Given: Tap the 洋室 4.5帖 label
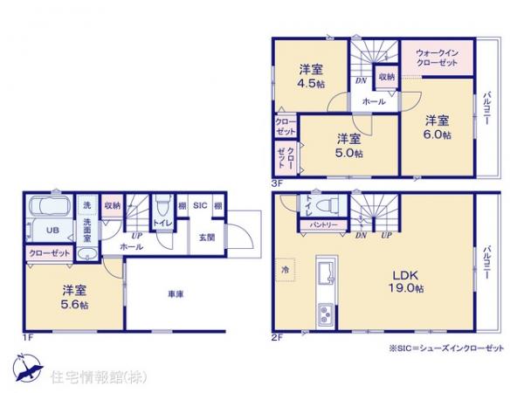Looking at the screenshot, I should point(309,76).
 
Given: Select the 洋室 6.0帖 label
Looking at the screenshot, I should point(438,127).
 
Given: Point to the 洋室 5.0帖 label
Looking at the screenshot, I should point(348,144).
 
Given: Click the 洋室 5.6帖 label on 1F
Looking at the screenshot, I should point(74,296).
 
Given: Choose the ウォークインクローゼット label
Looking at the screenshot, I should point(439,57).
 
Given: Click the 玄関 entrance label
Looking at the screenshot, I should point(206,238).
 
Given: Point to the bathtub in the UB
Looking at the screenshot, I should point(51,210).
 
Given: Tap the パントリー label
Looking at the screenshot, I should point(318,224).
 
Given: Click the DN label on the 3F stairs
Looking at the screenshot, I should point(360,81).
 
